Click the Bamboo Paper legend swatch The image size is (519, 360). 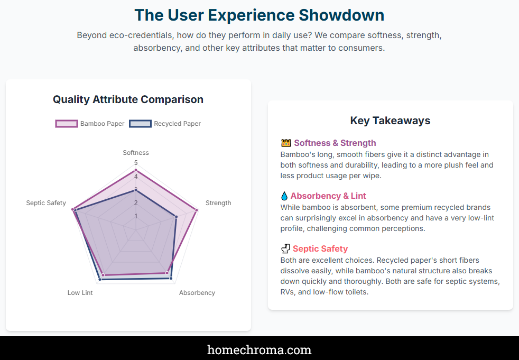[67, 124]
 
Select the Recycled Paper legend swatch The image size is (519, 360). [140, 124]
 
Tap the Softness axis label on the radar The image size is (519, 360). [136, 153]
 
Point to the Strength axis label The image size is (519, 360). [218, 202]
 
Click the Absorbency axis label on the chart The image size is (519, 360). [197, 293]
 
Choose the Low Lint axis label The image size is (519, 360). [80, 293]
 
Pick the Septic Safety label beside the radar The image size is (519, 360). [46, 202]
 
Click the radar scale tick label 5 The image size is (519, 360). [136, 163]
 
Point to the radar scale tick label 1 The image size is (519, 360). [136, 216]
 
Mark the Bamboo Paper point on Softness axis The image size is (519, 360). [136, 170]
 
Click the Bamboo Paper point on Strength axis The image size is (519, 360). [197, 210]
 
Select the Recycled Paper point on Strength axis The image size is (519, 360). [176, 217]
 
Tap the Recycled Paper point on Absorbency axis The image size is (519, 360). [171, 278]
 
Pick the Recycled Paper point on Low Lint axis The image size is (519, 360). [100, 280]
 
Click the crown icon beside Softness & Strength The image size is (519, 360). [286, 143]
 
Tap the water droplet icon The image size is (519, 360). [284, 196]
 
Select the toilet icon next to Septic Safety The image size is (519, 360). [285, 248]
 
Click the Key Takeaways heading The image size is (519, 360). [390, 121]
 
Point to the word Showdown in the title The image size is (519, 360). [341, 15]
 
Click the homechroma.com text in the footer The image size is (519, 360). [259, 350]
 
